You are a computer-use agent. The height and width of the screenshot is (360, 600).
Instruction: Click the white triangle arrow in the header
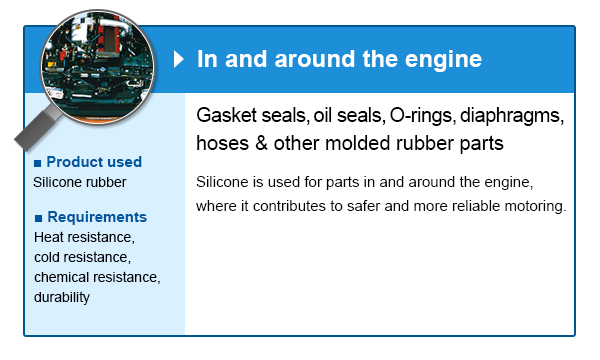click(x=178, y=59)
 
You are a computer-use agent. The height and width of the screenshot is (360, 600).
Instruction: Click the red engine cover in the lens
click(x=108, y=36)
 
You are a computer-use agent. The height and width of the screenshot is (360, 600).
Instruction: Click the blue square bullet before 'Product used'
click(x=38, y=164)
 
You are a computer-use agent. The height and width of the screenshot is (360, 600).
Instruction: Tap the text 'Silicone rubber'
click(x=80, y=182)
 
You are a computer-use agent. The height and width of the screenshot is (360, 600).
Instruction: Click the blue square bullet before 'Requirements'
click(x=38, y=219)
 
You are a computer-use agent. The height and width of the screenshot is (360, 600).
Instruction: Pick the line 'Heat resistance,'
click(x=84, y=237)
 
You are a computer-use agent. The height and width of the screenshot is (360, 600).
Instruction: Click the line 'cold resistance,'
click(x=82, y=257)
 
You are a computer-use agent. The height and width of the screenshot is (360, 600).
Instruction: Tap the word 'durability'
click(x=62, y=297)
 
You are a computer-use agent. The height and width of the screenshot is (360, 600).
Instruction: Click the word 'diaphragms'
click(x=512, y=116)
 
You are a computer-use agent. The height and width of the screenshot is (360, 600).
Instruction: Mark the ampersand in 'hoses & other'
click(x=261, y=143)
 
